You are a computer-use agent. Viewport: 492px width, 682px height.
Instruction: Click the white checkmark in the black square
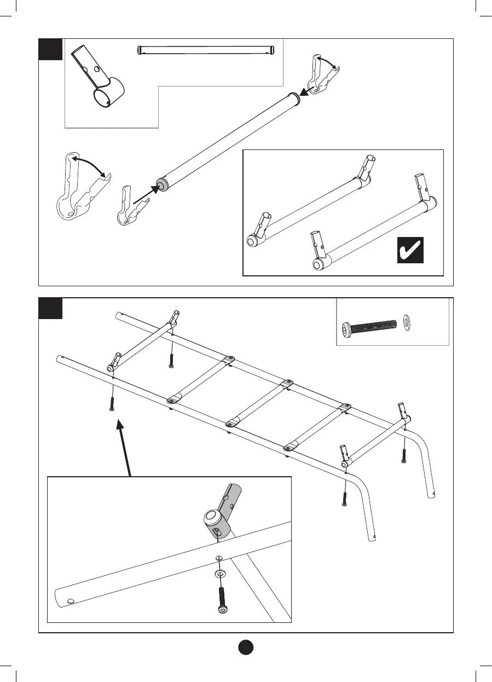coord(410,252)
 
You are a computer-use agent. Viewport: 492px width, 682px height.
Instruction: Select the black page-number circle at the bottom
coord(246,646)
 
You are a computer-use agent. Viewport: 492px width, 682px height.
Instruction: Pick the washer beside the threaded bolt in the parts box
coord(407,322)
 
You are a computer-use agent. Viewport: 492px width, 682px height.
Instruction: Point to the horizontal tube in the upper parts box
coord(205,50)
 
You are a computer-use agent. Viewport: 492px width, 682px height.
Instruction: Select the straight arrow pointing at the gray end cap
coord(147,194)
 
